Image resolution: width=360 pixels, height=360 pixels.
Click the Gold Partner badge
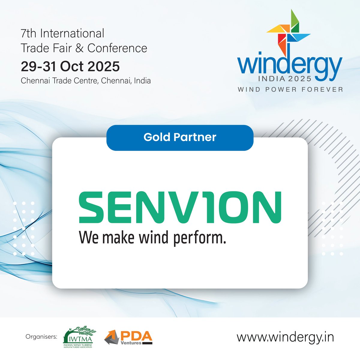[x=180, y=137]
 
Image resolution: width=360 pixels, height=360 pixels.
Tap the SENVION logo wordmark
[x=180, y=207]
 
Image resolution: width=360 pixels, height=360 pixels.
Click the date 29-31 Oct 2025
[x=70, y=66]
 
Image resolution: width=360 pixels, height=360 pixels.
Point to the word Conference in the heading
[x=117, y=48]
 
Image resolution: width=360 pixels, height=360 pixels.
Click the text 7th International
[x=62, y=33]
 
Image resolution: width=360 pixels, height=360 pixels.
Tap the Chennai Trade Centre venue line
[x=86, y=81]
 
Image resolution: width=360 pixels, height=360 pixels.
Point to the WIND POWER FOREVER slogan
[x=290, y=89]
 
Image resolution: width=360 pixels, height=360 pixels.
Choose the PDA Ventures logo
[x=128, y=337]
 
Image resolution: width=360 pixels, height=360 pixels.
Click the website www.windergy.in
[x=285, y=337]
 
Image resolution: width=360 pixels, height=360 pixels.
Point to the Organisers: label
[x=41, y=337]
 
